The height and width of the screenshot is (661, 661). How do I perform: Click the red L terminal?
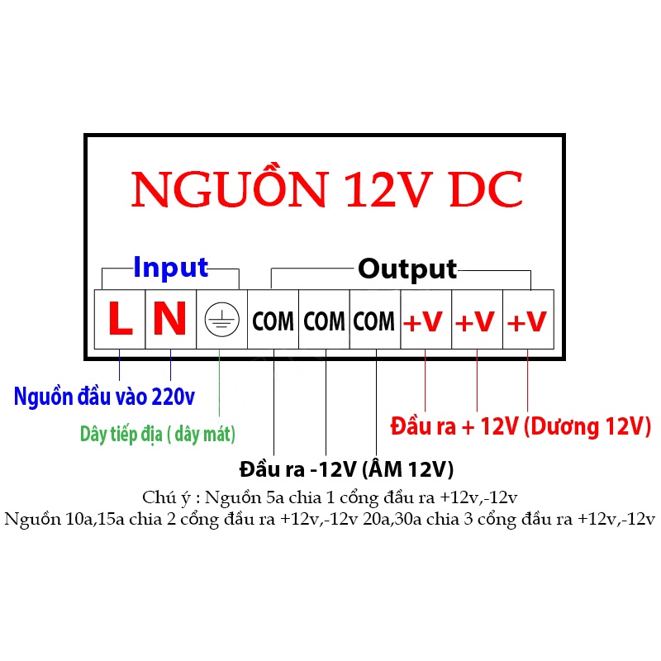pyautogui.click(x=121, y=320)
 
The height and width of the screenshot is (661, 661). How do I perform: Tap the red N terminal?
pyautogui.click(x=170, y=320)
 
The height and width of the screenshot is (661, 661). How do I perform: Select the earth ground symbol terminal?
pyautogui.click(x=221, y=320)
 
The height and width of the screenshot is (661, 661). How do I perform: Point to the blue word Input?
pyautogui.click(x=170, y=268)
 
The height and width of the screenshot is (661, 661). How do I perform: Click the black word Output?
pyautogui.click(x=407, y=269)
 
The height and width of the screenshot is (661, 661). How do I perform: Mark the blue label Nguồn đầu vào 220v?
pyautogui.click(x=104, y=397)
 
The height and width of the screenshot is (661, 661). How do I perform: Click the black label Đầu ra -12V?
pyautogui.click(x=346, y=469)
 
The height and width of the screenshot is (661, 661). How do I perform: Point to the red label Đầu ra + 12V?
pyautogui.click(x=521, y=426)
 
